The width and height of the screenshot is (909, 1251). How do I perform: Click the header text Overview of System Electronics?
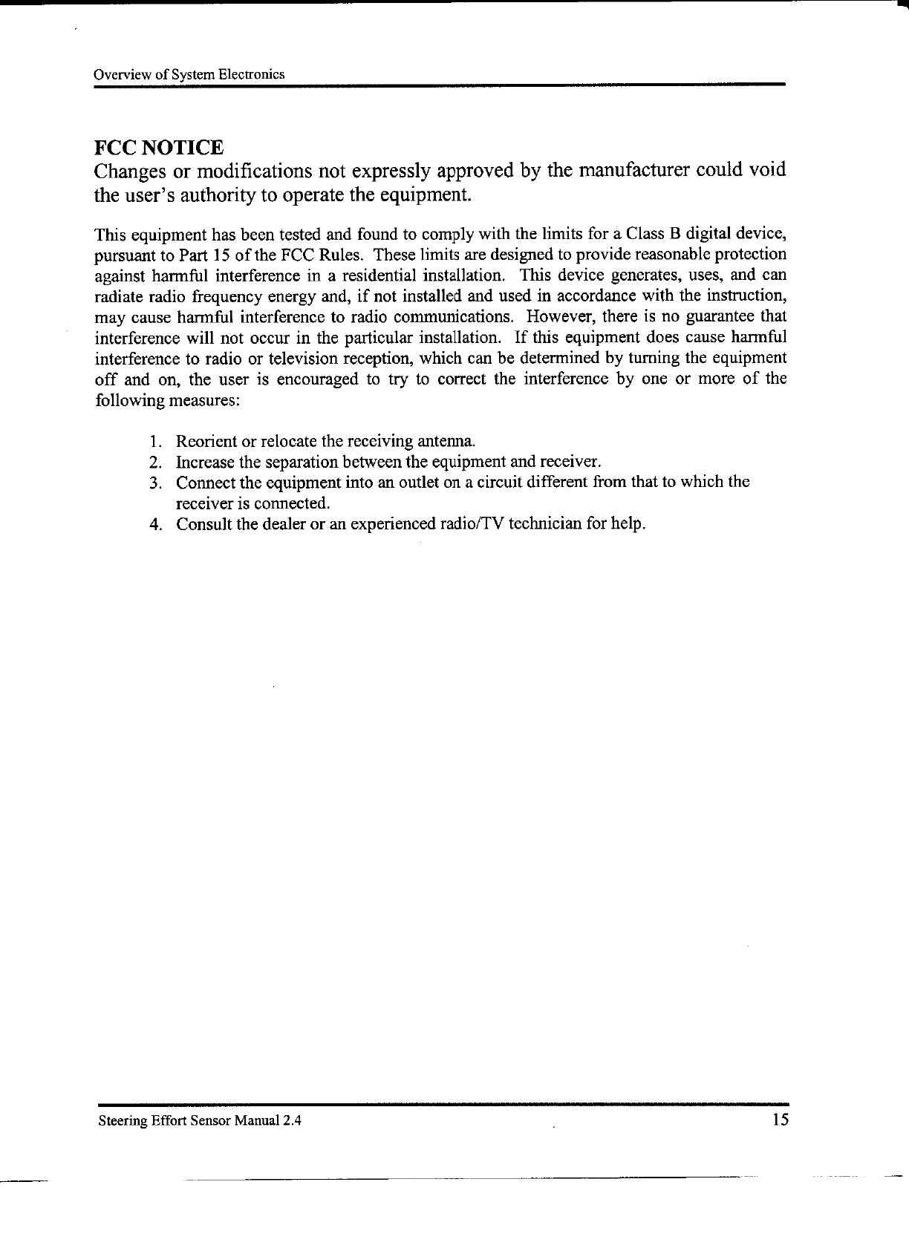(x=189, y=75)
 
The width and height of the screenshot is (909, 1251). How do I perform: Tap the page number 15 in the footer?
(x=779, y=1120)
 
